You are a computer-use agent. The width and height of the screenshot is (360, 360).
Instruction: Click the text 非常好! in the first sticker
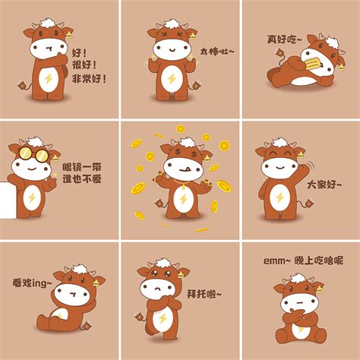click(89, 77)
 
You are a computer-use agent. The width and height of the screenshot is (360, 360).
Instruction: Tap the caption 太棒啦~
click(217, 52)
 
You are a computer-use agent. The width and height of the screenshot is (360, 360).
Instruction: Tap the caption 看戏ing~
click(32, 283)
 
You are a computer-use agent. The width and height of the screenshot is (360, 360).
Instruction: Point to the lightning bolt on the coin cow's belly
click(182, 201)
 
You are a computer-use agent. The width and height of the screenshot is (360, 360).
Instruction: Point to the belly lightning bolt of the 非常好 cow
click(48, 82)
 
